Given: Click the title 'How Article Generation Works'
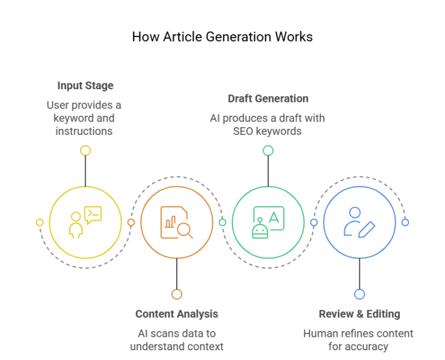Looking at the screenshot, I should coord(222,37).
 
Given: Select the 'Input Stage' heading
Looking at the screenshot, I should coord(85,86).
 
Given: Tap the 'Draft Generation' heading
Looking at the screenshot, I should coord(268,98).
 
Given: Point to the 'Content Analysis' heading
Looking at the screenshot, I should coord(177,314).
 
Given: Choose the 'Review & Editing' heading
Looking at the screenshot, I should coord(359,314).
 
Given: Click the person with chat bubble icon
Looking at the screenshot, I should coord(85,222).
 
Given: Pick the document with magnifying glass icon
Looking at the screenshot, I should coord(177,222).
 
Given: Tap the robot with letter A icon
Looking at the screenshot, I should coord(268,222).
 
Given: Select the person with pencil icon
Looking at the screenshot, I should coord(359,222).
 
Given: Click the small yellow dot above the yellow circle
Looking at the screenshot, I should coord(85,151).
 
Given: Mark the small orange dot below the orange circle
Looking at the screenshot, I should coord(177,294).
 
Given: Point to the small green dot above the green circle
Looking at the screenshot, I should coord(268,151).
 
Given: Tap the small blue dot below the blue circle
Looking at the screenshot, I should coord(359,294).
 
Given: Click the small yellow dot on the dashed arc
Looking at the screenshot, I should coord(39,222).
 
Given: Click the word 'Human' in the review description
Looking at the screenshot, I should coord(319,333).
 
